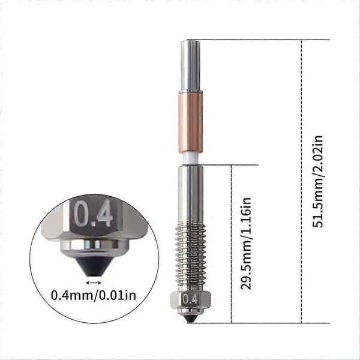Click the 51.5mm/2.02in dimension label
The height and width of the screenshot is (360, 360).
coord(318,181)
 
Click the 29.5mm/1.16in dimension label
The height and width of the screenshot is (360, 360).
coord(246,244)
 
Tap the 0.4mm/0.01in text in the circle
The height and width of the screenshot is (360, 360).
coord(94,295)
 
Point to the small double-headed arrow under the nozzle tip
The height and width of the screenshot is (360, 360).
coord(94,283)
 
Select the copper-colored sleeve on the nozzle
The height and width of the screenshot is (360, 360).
coord(191,122)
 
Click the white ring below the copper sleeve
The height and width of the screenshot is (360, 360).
coord(190,158)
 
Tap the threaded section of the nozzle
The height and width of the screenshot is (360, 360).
coord(190,256)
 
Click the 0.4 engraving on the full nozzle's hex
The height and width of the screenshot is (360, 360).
coord(190,299)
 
